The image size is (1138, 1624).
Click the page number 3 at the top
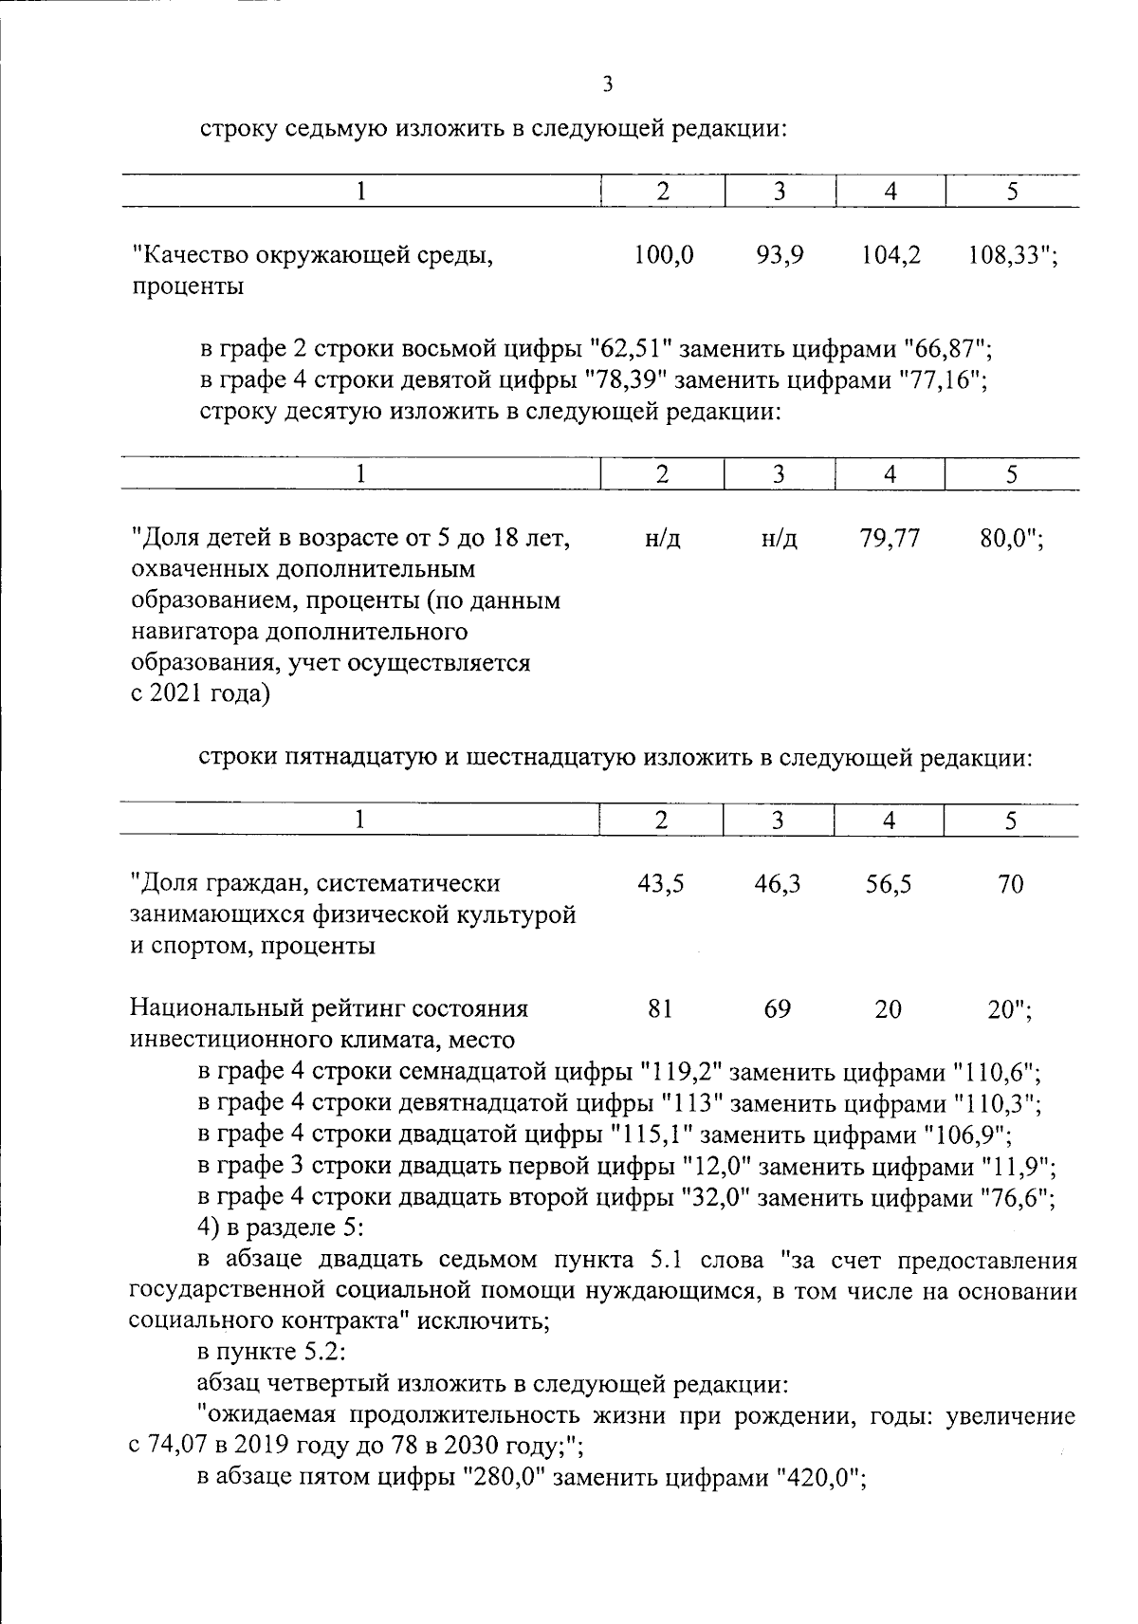pyautogui.click(x=608, y=85)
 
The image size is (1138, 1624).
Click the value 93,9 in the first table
pyautogui.click(x=780, y=255)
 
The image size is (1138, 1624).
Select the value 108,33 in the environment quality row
pyautogui.click(x=1004, y=255)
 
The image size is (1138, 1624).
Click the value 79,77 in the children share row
pyautogui.click(x=889, y=540)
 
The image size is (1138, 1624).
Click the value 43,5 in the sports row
pyautogui.click(x=660, y=884)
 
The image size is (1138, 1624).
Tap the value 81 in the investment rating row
pyautogui.click(x=660, y=1008)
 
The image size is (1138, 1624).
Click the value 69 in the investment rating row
pyautogui.click(x=777, y=1008)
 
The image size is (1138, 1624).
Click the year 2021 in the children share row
pyautogui.click(x=176, y=695)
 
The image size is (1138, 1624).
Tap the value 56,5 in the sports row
pyautogui.click(x=889, y=884)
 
